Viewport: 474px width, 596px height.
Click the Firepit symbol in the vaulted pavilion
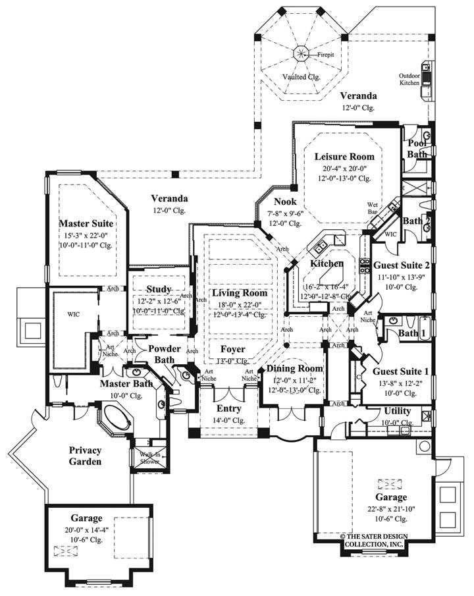tap(302, 53)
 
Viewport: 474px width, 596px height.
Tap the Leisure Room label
tap(334, 157)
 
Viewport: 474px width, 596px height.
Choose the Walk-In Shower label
tap(149, 457)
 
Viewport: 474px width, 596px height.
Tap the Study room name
tap(159, 289)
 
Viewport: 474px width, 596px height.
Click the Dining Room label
tap(295, 369)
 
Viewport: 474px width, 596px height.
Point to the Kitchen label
tap(327, 263)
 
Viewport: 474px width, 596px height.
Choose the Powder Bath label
tap(164, 354)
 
